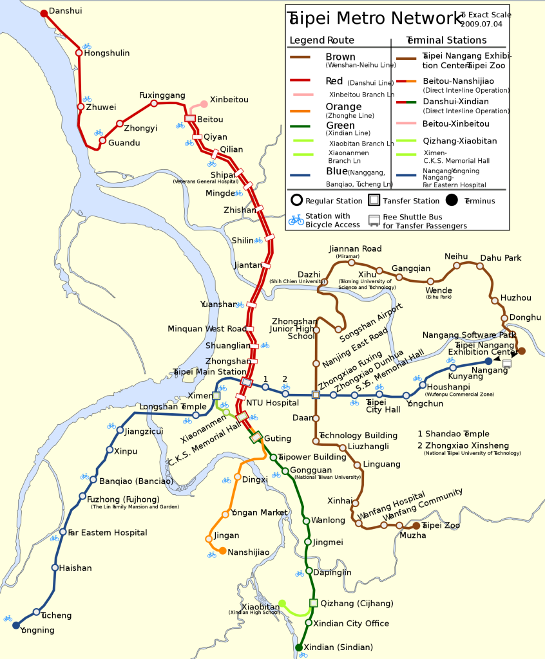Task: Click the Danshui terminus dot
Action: (x=44, y=13)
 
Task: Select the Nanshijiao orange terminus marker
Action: (x=222, y=551)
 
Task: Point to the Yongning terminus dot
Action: (x=16, y=625)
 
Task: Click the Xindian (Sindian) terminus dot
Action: (x=299, y=647)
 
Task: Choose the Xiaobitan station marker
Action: (x=282, y=603)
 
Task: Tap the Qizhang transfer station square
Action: (x=314, y=603)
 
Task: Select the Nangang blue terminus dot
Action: (x=488, y=361)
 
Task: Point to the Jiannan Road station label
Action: (x=355, y=248)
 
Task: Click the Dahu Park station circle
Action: (x=480, y=266)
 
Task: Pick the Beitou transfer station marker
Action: (x=190, y=118)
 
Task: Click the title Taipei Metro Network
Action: (x=374, y=18)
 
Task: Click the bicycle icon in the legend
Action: (x=296, y=220)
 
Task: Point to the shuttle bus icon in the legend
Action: (x=374, y=220)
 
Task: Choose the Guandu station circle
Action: (x=102, y=140)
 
